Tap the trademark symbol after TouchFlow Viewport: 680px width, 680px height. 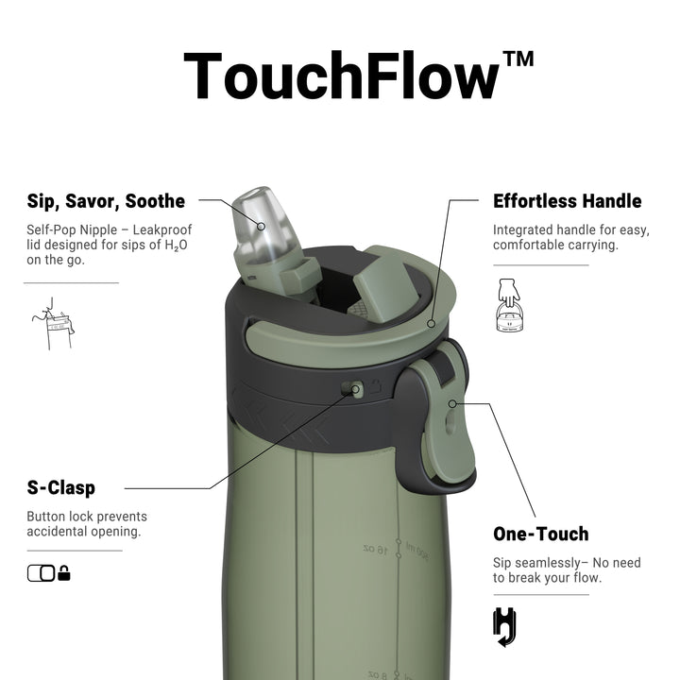(518, 59)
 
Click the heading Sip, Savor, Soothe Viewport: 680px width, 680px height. (106, 202)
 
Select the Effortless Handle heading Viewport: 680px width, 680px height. (568, 201)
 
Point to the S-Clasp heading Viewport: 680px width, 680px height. (61, 487)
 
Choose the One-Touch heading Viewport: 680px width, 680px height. (541, 534)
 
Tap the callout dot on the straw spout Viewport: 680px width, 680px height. (261, 227)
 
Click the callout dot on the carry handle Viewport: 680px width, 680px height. (431, 324)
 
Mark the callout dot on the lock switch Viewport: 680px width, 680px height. (356, 389)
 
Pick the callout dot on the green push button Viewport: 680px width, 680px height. (452, 404)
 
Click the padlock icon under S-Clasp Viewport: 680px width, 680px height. (64, 573)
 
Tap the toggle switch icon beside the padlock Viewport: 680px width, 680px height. (42, 573)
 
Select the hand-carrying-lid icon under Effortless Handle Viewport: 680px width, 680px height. (509, 305)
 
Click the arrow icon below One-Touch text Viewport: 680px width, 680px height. (504, 627)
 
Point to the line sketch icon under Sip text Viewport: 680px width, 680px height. (53, 324)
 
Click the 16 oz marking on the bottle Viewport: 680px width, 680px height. (376, 550)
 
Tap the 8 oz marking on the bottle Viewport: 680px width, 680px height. (377, 674)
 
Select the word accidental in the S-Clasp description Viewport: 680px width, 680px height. (57, 532)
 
